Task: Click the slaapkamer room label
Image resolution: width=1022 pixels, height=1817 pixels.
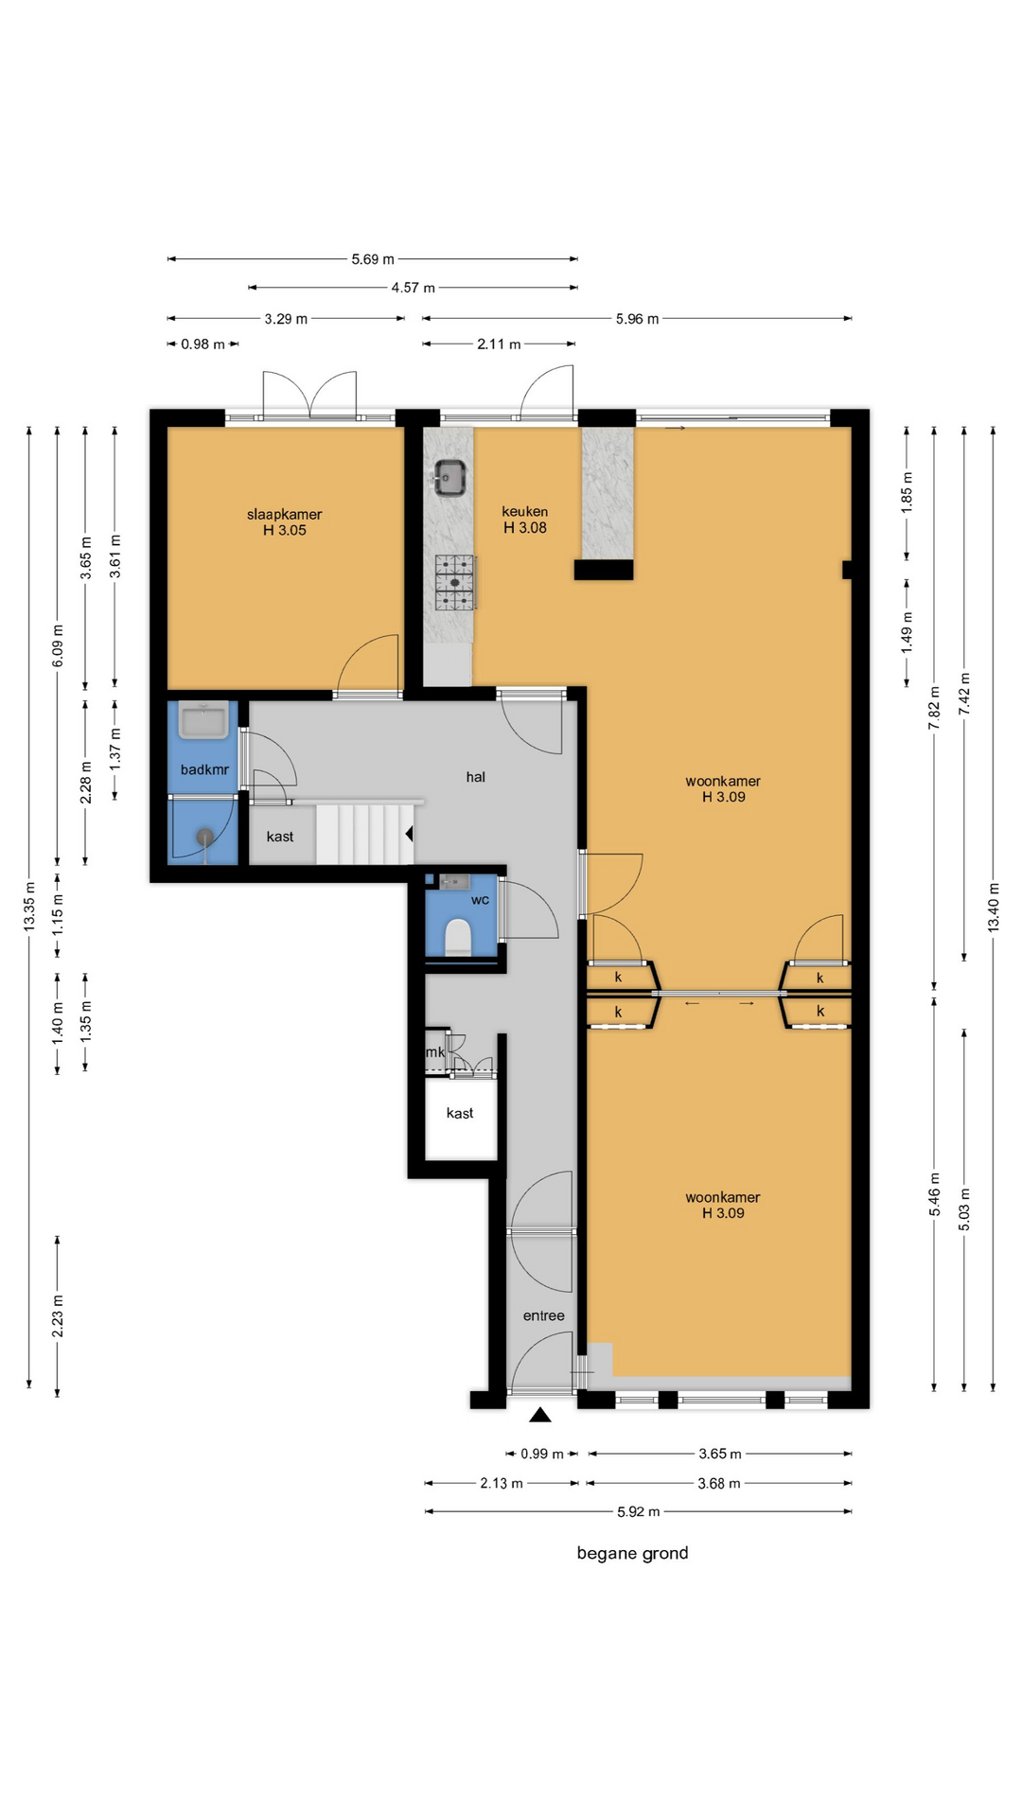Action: (x=284, y=515)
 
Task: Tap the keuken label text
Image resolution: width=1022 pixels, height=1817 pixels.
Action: (x=524, y=512)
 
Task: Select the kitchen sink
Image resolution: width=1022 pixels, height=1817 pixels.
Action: (x=449, y=477)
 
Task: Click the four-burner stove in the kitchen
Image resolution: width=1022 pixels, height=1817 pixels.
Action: (x=455, y=582)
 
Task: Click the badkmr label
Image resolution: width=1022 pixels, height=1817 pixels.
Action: (x=204, y=770)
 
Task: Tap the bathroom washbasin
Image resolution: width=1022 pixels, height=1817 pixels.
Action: (x=203, y=720)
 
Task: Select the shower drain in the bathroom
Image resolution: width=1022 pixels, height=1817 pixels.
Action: (x=205, y=837)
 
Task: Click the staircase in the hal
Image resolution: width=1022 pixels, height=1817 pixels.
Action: (x=365, y=834)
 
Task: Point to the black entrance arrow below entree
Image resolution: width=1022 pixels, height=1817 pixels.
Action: (x=539, y=1415)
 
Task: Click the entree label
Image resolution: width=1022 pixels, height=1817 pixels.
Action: (x=543, y=1315)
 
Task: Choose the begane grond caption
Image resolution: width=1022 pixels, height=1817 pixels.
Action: (x=632, y=1553)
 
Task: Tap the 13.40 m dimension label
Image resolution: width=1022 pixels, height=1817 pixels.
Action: (x=994, y=908)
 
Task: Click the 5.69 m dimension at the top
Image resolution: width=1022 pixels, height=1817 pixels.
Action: (x=373, y=259)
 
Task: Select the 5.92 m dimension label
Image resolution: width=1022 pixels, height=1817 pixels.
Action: (x=638, y=1511)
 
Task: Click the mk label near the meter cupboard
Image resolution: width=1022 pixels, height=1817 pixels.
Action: (x=435, y=1051)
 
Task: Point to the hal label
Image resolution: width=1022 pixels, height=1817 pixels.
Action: (x=475, y=777)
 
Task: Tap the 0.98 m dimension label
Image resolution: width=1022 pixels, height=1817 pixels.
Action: (x=203, y=344)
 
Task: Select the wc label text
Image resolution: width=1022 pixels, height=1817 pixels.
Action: (x=480, y=900)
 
